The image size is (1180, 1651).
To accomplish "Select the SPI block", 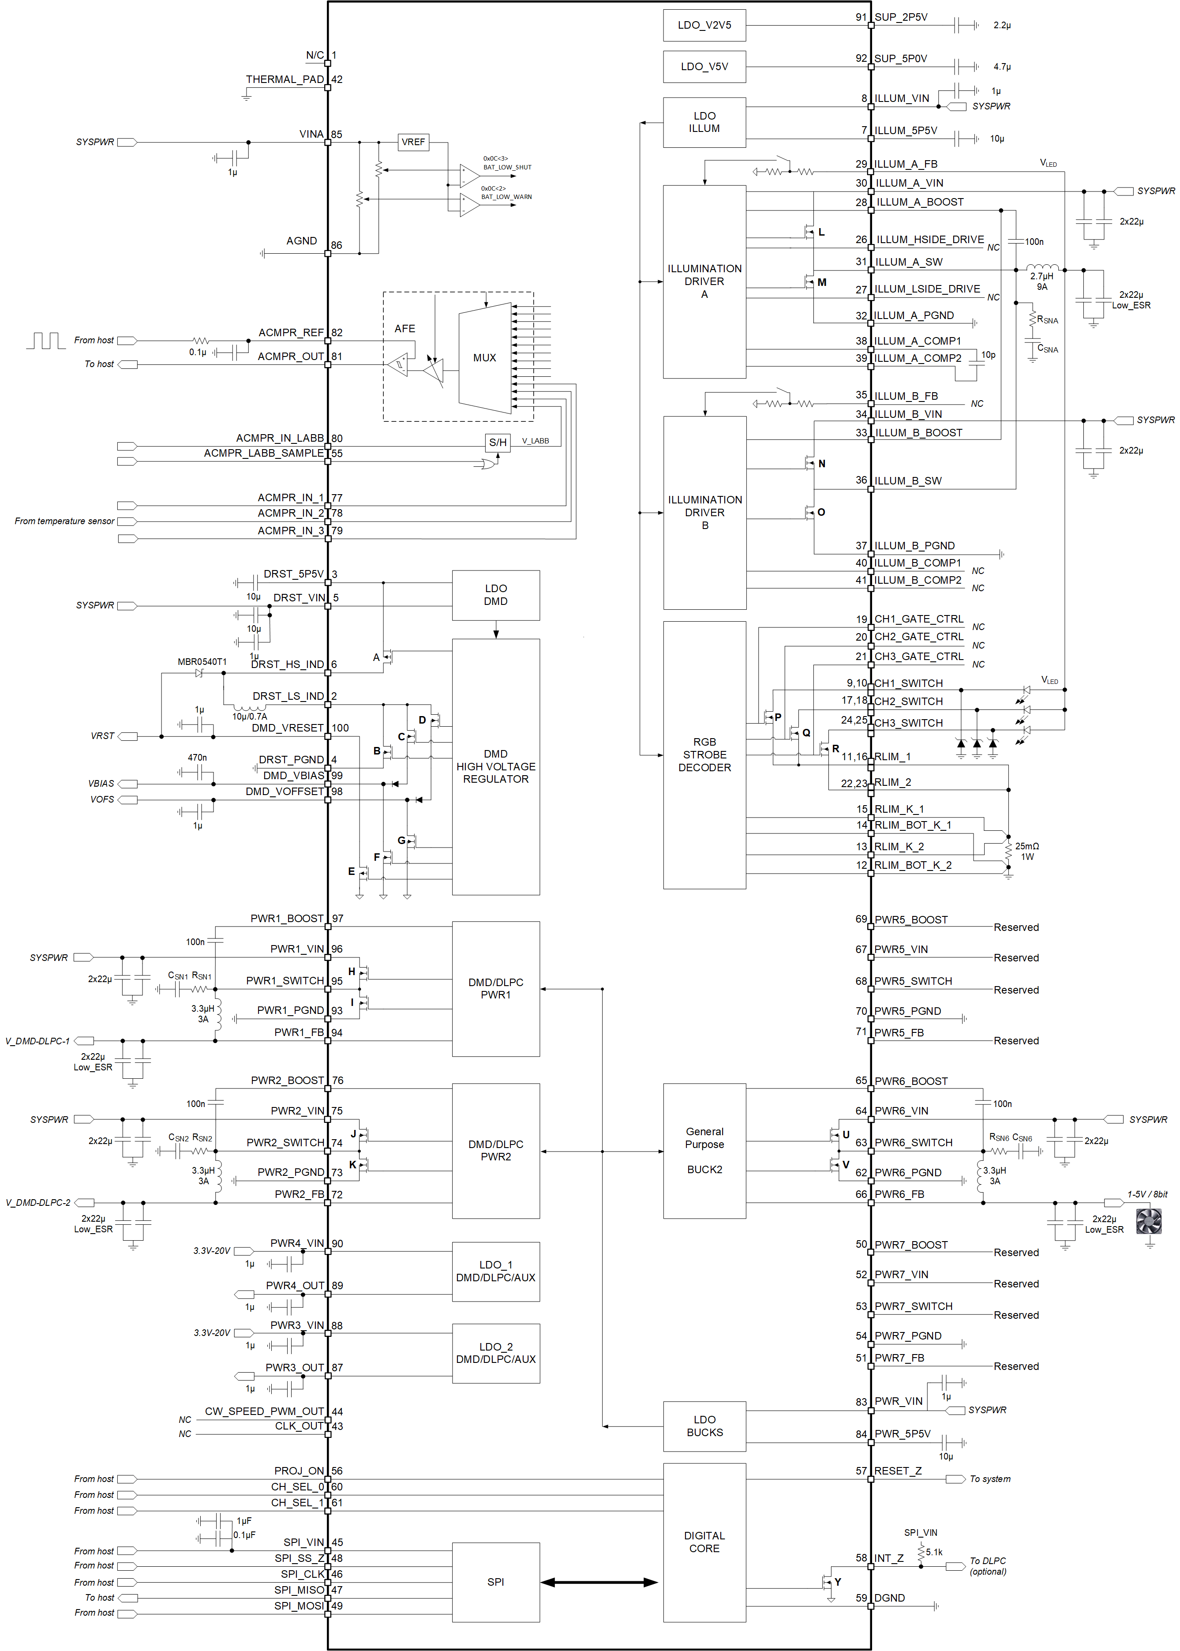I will [495, 1581].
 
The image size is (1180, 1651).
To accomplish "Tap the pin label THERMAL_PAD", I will [284, 80].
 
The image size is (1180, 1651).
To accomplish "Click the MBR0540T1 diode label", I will [202, 662].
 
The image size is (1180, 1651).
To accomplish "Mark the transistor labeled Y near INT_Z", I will [827, 1581].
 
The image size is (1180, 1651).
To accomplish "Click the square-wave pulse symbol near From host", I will [46, 340].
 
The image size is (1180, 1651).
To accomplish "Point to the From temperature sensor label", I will [64, 521].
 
